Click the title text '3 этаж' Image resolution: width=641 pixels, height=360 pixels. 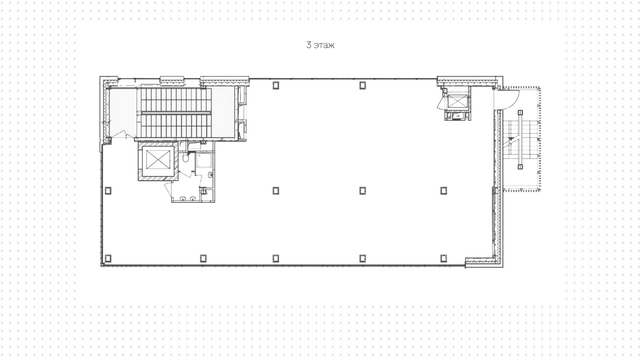[320, 45]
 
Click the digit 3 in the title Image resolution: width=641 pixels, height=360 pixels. [309, 45]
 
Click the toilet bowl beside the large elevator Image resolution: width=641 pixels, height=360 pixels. [186, 157]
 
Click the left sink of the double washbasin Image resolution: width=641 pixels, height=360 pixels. [183, 199]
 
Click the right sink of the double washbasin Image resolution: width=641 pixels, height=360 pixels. [192, 199]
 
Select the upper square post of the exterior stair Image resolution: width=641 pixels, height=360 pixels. [520, 113]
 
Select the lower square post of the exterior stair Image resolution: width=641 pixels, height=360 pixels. [520, 166]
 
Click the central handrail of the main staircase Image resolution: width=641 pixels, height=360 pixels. [176, 113]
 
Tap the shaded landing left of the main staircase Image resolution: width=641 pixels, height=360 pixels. [123, 112]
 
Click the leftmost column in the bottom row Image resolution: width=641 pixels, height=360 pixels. [108, 258]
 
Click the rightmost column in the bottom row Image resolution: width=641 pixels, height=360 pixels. [443, 258]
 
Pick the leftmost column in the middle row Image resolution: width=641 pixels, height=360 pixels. [108, 190]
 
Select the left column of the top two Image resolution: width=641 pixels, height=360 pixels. [275, 85]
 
